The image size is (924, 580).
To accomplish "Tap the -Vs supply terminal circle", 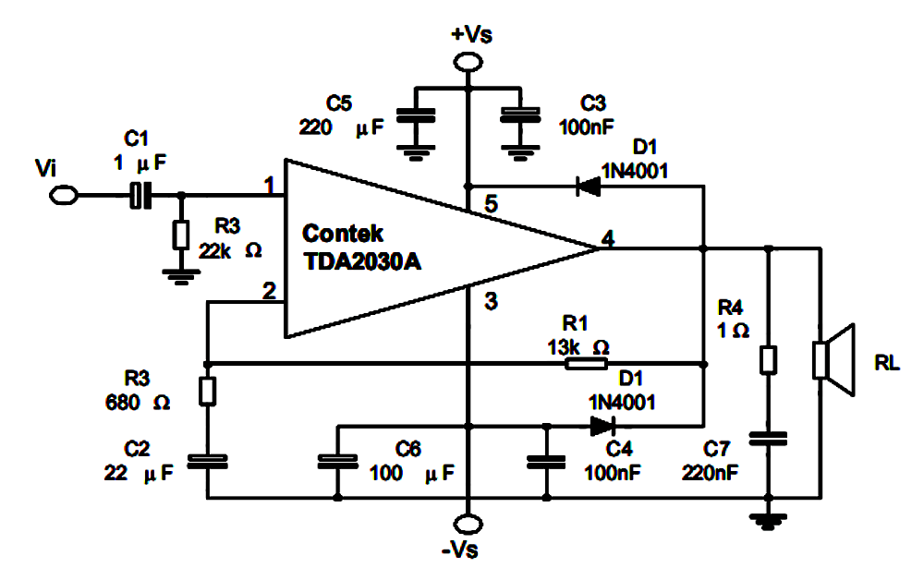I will coord(468,526).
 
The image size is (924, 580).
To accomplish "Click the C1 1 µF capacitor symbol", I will coord(140,195).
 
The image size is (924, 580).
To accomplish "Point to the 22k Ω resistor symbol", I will coord(180,234).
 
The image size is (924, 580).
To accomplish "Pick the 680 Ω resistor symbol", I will coord(208,391).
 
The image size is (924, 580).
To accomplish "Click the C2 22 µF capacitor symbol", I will coord(208,460).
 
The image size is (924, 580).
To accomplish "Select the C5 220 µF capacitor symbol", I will coord(416,116).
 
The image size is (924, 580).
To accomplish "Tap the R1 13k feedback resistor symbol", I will coord(587,364).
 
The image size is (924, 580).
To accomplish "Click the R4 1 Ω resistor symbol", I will coord(768,359).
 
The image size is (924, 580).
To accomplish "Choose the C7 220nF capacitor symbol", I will coord(768,436).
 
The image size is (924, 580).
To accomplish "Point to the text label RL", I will coord(887,363).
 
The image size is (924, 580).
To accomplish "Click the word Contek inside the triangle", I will coord(343,235).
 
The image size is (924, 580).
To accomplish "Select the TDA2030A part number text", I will coord(362,261).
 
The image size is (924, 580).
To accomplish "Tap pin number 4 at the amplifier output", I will coord(607,237).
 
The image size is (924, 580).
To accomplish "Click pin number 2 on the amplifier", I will coord(269,292).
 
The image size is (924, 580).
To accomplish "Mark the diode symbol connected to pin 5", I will coord(587,186).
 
